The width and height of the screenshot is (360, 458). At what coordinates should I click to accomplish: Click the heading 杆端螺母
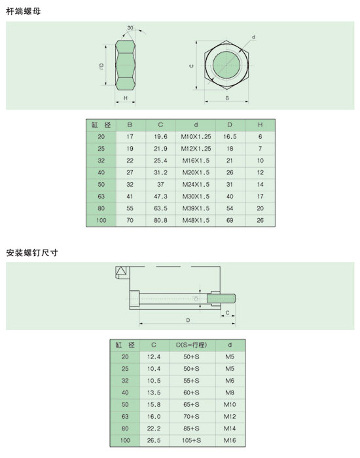(x=24, y=11)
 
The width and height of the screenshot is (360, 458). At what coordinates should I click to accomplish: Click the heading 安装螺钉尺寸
(x=32, y=252)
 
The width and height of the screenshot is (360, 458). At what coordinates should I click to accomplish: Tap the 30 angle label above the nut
(x=130, y=28)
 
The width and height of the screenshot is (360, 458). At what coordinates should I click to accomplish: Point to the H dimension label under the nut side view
(x=126, y=98)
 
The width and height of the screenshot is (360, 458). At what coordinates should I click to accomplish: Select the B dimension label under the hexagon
(x=227, y=98)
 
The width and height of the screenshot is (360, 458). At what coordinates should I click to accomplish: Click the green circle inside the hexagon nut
(x=226, y=65)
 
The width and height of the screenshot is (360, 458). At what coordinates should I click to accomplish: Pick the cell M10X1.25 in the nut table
(x=196, y=137)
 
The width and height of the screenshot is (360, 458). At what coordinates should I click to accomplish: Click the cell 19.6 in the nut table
(x=161, y=137)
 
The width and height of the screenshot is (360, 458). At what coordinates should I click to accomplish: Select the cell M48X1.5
(x=196, y=220)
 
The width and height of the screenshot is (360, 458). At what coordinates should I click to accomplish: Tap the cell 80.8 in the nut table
(x=161, y=220)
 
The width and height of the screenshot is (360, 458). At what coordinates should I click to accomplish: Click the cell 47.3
(x=161, y=197)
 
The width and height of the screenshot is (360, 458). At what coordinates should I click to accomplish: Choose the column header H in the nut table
(x=260, y=124)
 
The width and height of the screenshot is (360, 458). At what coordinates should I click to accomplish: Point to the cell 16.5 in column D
(x=230, y=137)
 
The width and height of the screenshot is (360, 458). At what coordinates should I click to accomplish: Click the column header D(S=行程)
(x=191, y=345)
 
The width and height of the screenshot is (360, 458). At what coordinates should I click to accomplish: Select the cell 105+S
(x=191, y=440)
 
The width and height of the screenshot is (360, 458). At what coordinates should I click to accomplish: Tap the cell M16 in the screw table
(x=230, y=440)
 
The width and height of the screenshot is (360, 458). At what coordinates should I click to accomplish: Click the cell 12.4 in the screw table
(x=154, y=356)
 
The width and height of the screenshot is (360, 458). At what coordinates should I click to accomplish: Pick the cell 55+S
(x=191, y=381)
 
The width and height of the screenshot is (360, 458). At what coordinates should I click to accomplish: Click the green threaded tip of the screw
(x=221, y=299)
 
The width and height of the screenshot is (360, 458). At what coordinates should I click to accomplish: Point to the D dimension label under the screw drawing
(x=188, y=320)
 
